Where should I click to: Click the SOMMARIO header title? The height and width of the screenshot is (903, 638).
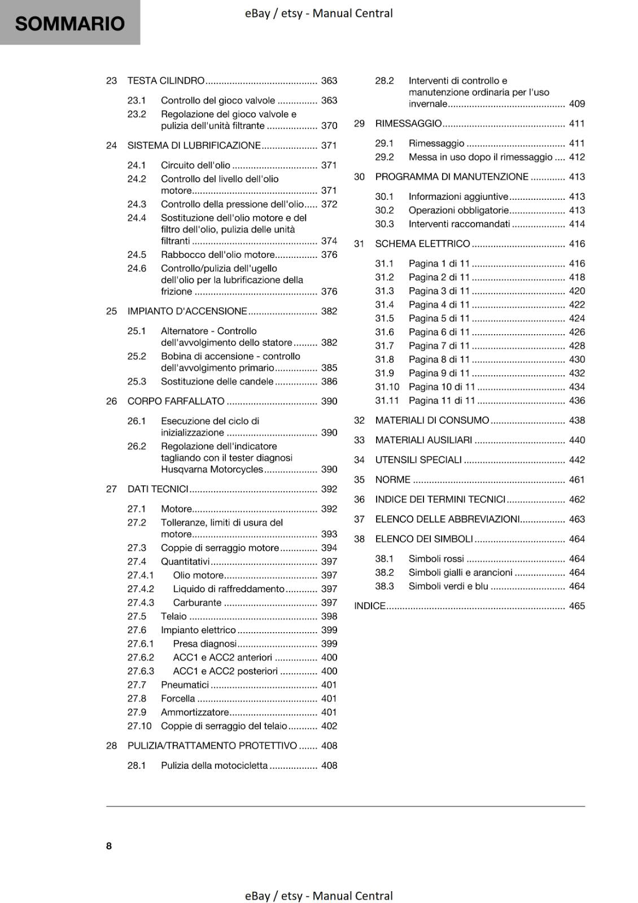(x=70, y=24)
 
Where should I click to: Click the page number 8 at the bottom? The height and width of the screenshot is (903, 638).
(x=109, y=845)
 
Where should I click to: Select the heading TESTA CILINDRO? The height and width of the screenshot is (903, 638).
(x=166, y=81)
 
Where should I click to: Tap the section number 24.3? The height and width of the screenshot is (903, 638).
(x=137, y=204)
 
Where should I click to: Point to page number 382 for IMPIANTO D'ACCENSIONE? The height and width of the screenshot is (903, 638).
(x=329, y=311)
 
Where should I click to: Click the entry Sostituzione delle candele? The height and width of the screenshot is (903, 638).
(x=217, y=382)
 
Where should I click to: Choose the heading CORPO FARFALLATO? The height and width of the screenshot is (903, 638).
(x=176, y=401)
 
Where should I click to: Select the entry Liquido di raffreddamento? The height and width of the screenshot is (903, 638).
(x=229, y=589)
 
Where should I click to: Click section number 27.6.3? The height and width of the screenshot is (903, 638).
(x=141, y=671)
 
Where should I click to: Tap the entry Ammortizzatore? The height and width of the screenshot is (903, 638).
(x=195, y=712)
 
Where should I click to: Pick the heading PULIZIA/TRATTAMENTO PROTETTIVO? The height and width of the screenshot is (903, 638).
(x=212, y=746)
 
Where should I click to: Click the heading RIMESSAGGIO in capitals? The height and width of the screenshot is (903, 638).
(x=408, y=124)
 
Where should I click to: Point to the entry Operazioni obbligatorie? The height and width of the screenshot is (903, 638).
(x=458, y=211)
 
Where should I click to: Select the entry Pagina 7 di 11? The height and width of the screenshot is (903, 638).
(x=439, y=346)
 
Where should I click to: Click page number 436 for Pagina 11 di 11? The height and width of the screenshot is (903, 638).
(x=576, y=401)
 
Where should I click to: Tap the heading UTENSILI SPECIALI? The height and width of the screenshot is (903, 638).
(x=418, y=460)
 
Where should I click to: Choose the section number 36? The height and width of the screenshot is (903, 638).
(x=359, y=499)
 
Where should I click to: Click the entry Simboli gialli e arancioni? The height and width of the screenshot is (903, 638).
(x=460, y=572)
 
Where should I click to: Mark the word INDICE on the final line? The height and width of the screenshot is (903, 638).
(x=369, y=606)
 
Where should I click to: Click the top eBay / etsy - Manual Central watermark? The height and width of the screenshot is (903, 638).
(x=318, y=13)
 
